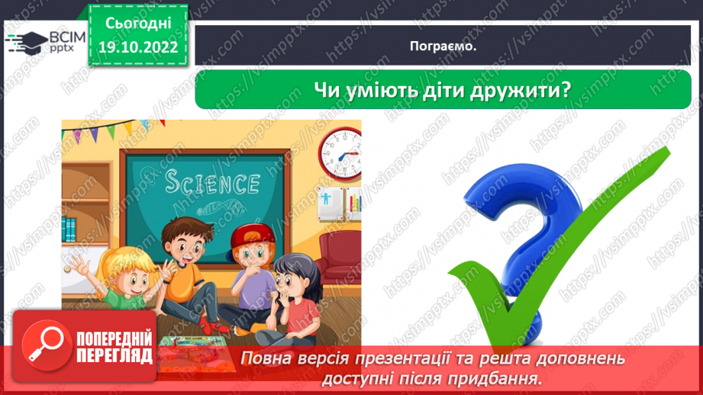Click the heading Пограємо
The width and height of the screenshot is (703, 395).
click(443, 46)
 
